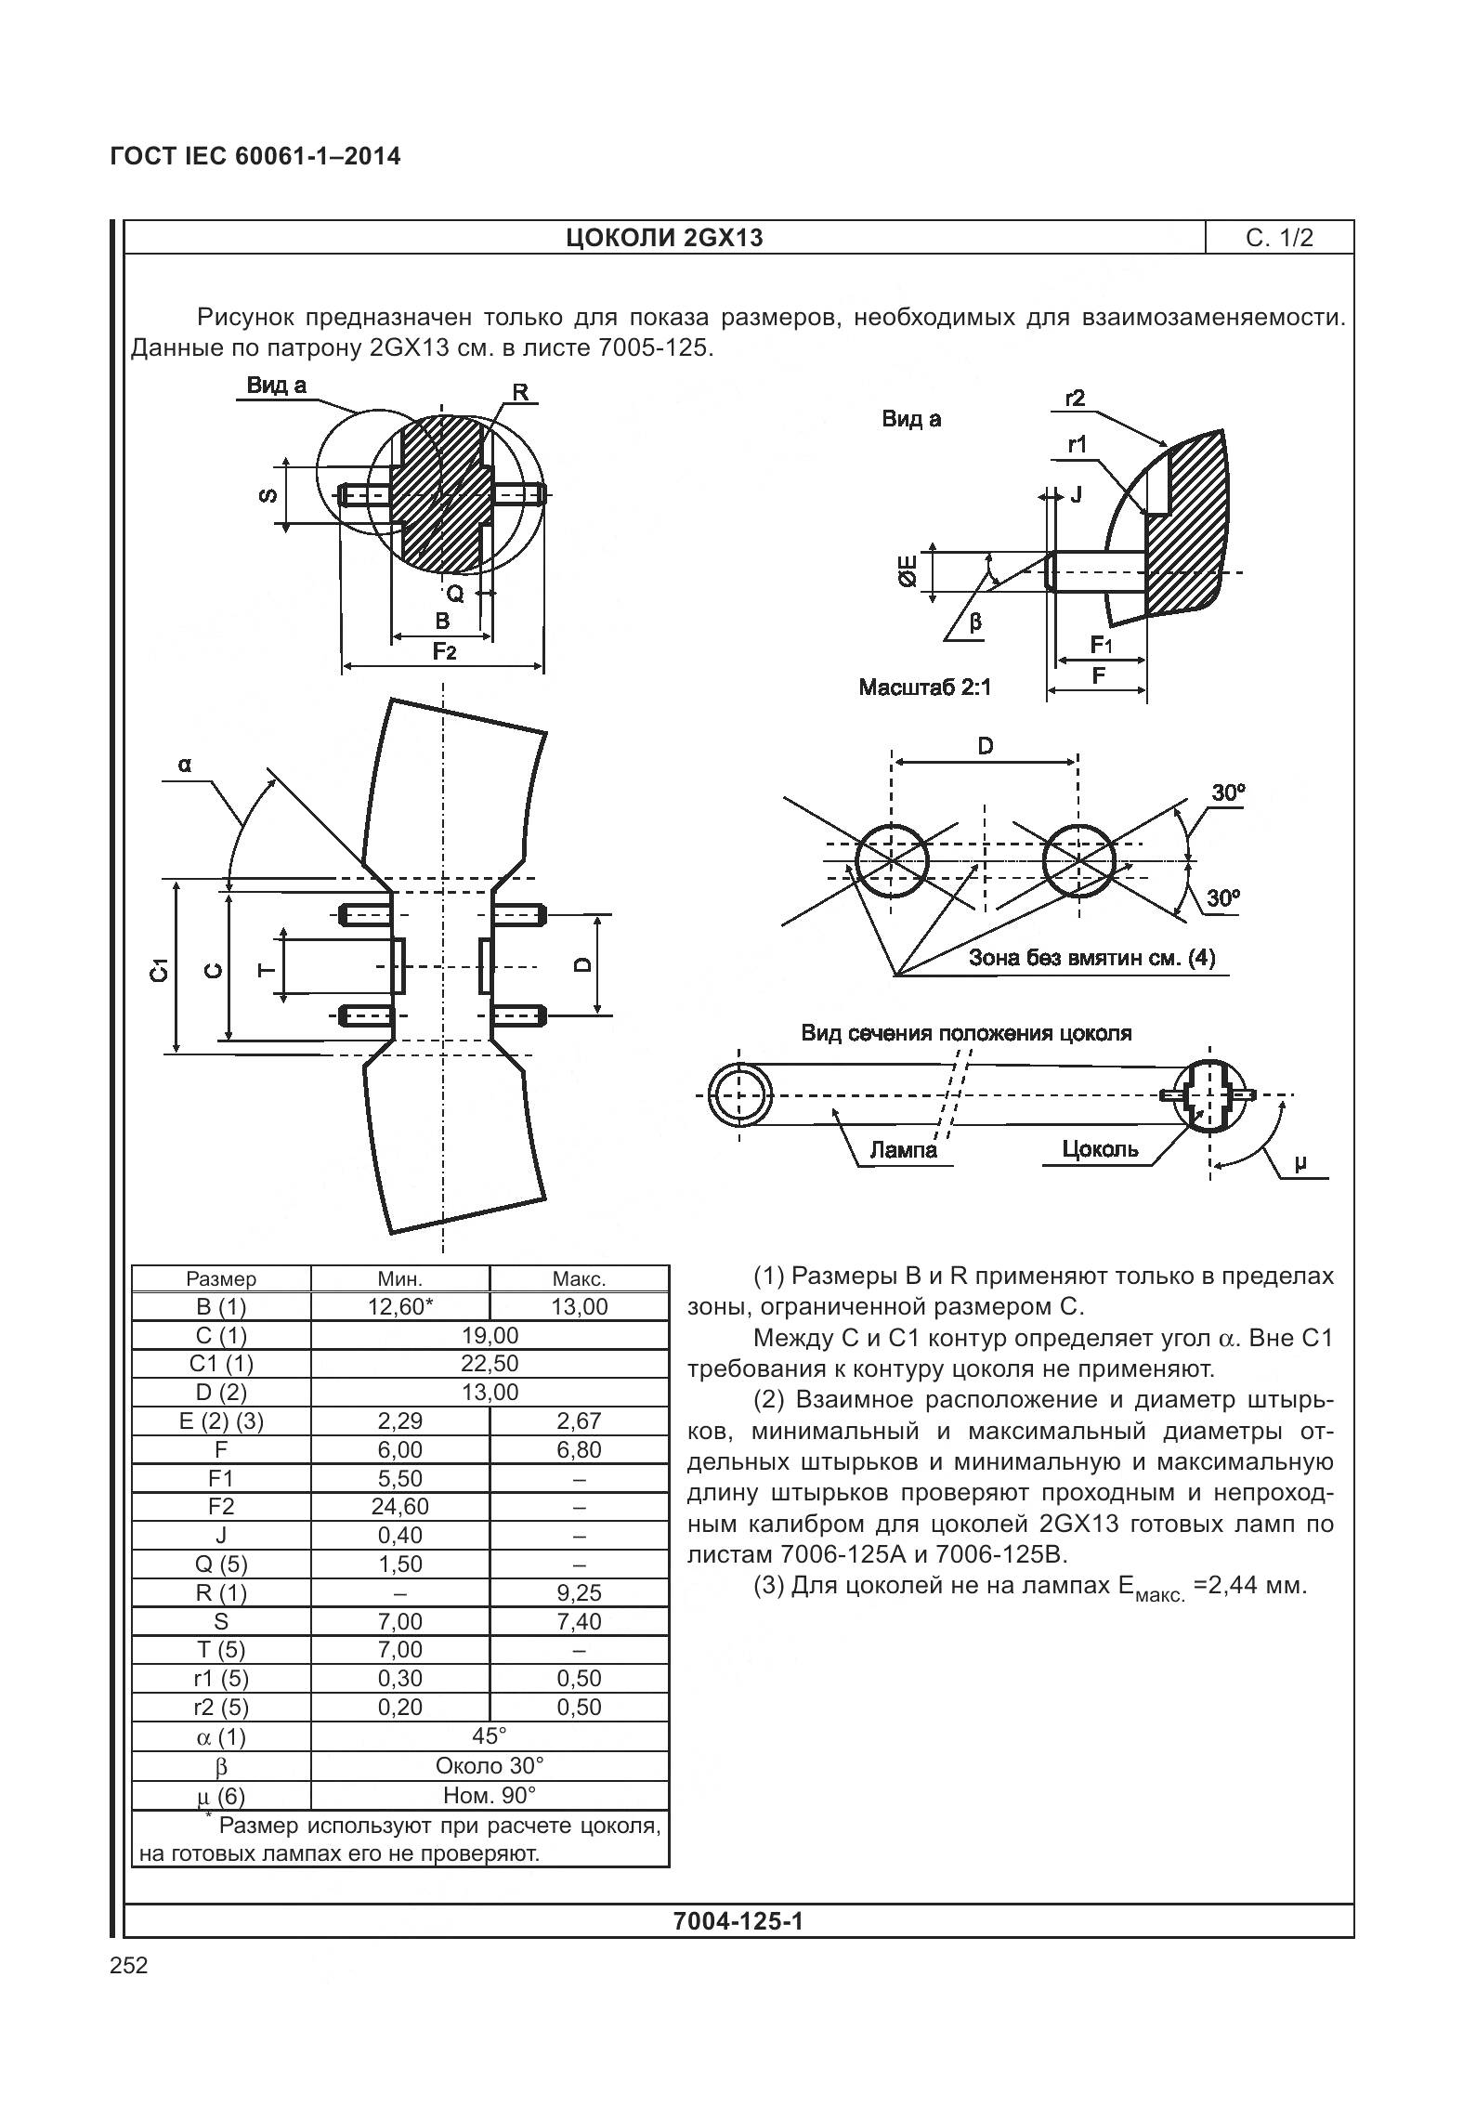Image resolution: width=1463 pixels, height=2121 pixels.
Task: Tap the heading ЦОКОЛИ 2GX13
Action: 664,238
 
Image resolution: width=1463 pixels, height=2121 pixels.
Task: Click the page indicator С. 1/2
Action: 1279,238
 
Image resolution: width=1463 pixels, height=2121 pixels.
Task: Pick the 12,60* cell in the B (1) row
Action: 399,1307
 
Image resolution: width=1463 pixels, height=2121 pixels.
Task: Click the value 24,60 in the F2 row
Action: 399,1506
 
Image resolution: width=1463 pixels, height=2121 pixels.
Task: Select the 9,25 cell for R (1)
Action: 579,1592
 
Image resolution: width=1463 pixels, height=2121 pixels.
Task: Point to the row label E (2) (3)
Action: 221,1421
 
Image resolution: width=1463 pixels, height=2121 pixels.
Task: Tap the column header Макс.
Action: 579,1278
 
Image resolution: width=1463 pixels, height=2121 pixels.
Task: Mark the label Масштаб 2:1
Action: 925,687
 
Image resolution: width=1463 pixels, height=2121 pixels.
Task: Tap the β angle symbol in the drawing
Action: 975,621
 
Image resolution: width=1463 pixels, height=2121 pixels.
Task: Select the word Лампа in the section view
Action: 903,1150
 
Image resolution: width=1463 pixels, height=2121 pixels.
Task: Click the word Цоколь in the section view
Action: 1100,1149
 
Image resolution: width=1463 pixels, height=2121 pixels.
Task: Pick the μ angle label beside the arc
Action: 1300,1161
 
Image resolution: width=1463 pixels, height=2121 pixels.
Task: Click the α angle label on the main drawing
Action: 185,765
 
